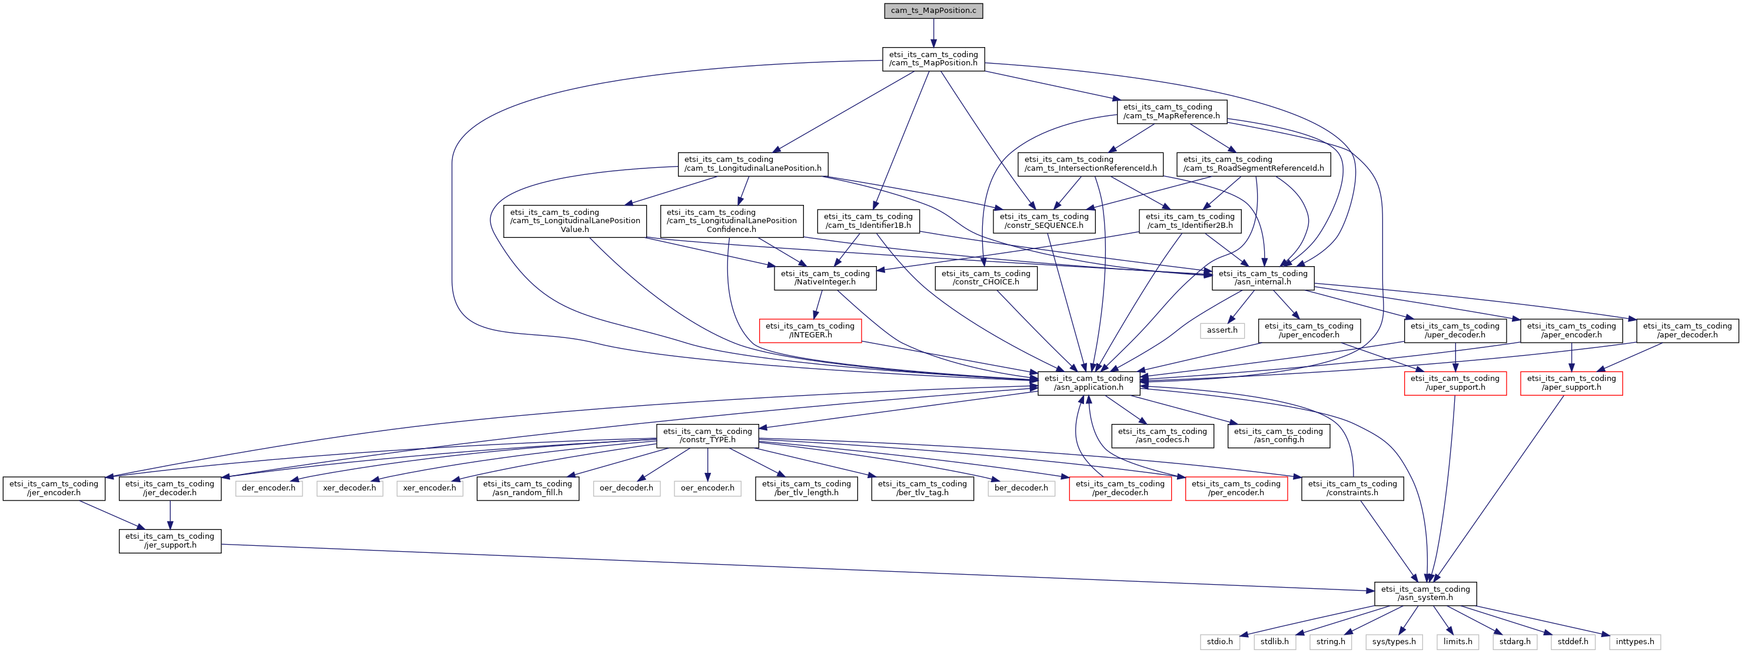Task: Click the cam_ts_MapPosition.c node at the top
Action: [x=933, y=11]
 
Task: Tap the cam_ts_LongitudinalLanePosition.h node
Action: [x=753, y=164]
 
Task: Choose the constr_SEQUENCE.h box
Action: [x=1044, y=221]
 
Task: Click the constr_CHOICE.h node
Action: [x=986, y=278]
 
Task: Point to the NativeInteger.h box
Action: [x=825, y=278]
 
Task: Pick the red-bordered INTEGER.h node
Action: [x=810, y=330]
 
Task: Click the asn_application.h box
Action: [x=1089, y=383]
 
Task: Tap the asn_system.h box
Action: [x=1425, y=594]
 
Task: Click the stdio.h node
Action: [x=1220, y=641]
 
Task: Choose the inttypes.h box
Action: [x=1635, y=641]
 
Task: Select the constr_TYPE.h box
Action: [x=707, y=436]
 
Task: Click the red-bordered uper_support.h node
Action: [x=1455, y=383]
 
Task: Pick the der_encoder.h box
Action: [x=268, y=488]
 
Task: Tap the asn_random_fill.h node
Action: [x=527, y=488]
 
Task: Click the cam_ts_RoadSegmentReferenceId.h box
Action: [x=1254, y=164]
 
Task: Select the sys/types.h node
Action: [x=1394, y=641]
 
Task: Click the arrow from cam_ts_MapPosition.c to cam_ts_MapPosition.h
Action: [x=933, y=32]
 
